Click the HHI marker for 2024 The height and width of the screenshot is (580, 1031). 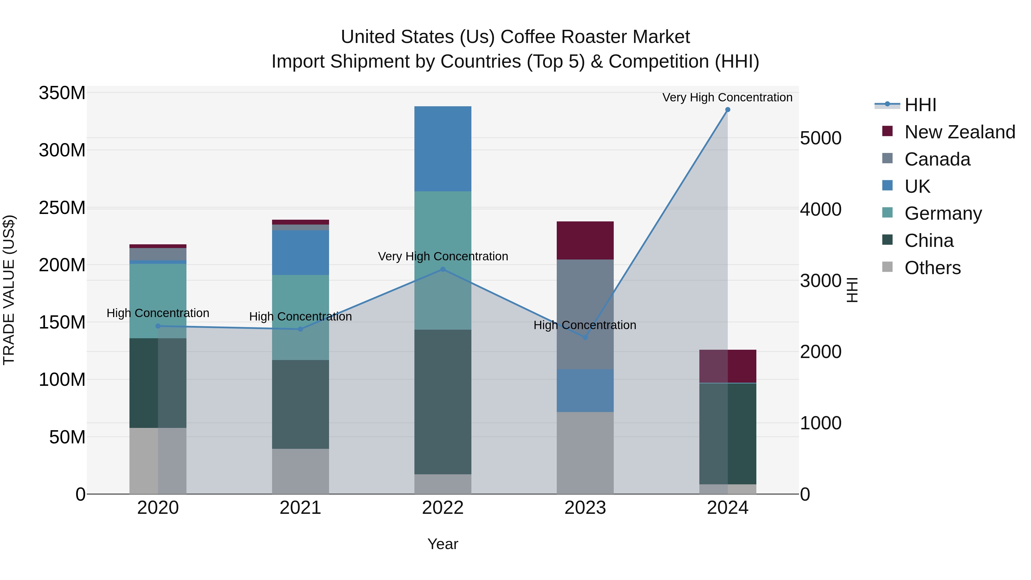[728, 110]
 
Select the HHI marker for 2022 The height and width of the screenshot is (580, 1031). [443, 270]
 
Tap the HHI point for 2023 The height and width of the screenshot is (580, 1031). [585, 337]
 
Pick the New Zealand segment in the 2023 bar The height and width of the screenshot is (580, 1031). [585, 240]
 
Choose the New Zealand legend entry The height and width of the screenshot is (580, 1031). [959, 132]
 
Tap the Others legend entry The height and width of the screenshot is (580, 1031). [932, 268]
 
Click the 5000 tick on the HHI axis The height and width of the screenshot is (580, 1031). [821, 139]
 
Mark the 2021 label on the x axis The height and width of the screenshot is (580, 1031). [300, 508]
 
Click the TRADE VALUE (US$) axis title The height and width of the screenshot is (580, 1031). [9, 290]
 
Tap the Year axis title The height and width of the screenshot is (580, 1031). [443, 544]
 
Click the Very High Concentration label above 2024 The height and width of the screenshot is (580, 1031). [727, 97]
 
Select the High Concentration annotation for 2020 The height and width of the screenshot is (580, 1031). [158, 313]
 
